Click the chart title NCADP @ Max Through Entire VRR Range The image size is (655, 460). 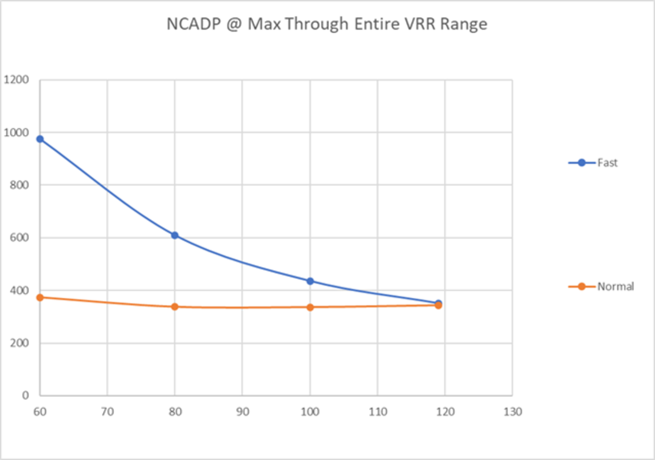pos(327,24)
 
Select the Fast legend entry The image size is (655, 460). pos(607,163)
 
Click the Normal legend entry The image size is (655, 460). pos(615,286)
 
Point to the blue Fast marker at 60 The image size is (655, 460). pos(40,139)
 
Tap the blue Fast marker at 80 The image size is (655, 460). pos(175,235)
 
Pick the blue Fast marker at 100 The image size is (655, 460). pos(310,281)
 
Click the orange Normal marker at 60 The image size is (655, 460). pos(40,297)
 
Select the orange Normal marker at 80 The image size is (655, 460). pos(175,307)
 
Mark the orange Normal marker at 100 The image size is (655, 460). pos(310,307)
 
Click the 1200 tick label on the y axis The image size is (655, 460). pos(16,80)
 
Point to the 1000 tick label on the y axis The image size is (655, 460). pos(16,133)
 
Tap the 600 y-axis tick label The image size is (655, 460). pos(19,238)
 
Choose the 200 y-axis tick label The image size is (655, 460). pos(19,343)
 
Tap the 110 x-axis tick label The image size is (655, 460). pos(378,412)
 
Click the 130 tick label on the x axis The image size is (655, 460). pos(513,412)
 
